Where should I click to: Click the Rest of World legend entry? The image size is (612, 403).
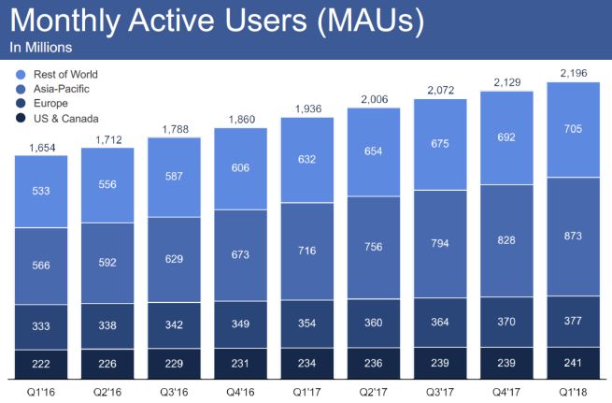point(64,74)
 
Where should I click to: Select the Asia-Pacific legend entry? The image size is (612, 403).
point(60,89)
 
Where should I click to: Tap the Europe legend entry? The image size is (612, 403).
point(49,104)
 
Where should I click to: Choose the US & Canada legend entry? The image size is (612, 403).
point(62,119)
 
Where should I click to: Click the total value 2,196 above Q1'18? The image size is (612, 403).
point(575,73)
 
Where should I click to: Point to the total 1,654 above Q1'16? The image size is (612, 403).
point(41,147)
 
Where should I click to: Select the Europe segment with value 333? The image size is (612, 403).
point(41,326)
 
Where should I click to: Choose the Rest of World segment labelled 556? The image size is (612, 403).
point(107,185)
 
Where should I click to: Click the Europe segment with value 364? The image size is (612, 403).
point(441,323)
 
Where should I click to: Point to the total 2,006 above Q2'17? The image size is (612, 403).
point(375,99)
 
